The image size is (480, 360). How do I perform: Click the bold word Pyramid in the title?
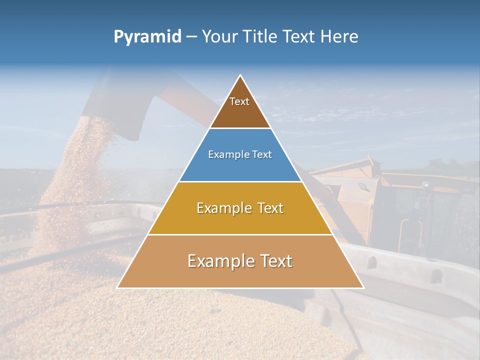pyautogui.click(x=147, y=37)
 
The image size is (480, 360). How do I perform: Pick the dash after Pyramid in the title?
pyautogui.click(x=191, y=37)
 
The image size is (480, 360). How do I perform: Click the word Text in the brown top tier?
pyautogui.click(x=239, y=101)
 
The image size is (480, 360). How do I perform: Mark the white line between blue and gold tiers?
pyautogui.click(x=240, y=182)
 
